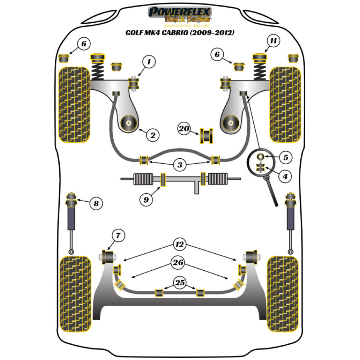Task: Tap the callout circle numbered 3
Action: click(x=180, y=165)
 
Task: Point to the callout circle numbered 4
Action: click(x=285, y=176)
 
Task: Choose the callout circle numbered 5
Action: click(x=285, y=157)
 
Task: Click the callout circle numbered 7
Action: click(x=118, y=236)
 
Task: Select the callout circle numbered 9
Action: click(x=146, y=199)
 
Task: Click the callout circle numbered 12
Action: click(x=180, y=244)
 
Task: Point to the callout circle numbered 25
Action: click(x=180, y=283)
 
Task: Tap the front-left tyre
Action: click(x=74, y=104)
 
